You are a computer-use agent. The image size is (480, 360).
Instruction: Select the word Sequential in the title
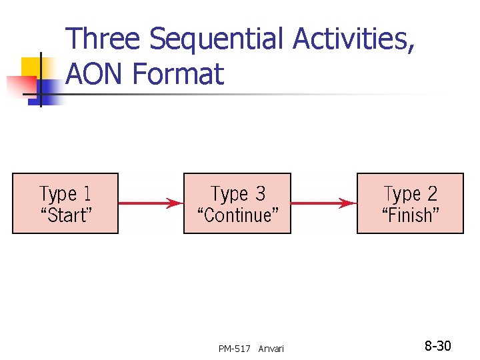pyautogui.click(x=217, y=40)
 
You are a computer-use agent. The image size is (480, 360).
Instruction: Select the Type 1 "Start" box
pyautogui.click(x=65, y=203)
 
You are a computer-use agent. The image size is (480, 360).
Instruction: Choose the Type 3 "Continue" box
pyautogui.click(x=237, y=203)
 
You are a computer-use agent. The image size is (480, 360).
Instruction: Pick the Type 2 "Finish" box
pyautogui.click(x=410, y=203)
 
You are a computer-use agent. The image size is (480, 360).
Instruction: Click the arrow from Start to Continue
pyautogui.click(x=151, y=203)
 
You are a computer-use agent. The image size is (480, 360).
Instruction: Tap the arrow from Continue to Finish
pyautogui.click(x=324, y=203)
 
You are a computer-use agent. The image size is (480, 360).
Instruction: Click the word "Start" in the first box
pyautogui.click(x=66, y=215)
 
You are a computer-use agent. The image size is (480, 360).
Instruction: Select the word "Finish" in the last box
pyautogui.click(x=410, y=215)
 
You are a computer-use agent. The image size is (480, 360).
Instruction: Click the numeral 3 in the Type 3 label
pyautogui.click(x=260, y=194)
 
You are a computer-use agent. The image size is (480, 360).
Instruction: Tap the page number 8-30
pyautogui.click(x=438, y=346)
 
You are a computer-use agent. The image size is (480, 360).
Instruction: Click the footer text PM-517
pyautogui.click(x=234, y=349)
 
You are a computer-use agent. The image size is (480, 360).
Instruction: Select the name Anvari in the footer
pyautogui.click(x=271, y=349)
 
